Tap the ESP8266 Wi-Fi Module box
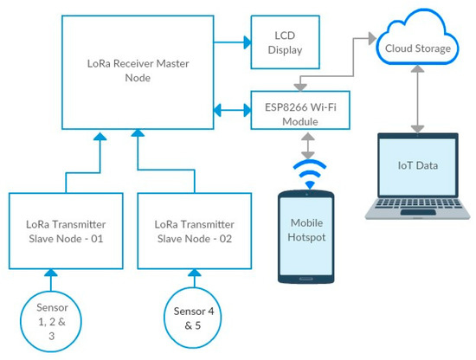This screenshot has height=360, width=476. tap(299, 111)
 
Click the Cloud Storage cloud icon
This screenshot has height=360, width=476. tap(417, 46)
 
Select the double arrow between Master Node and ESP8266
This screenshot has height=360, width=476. tap(229, 111)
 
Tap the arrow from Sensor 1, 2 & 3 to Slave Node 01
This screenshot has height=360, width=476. tap(48, 279)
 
